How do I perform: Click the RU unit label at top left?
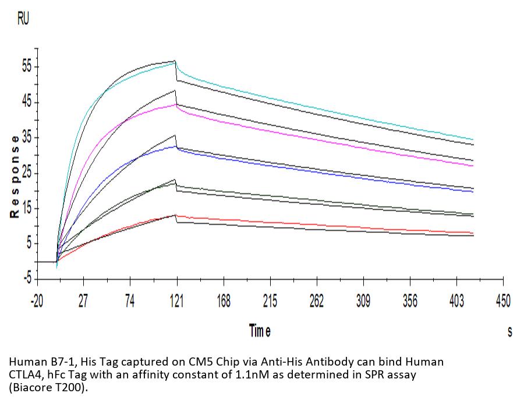coord(23,20)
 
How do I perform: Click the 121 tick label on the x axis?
coord(176,301)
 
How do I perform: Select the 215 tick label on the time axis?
coord(270,301)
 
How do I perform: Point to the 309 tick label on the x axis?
coord(363,301)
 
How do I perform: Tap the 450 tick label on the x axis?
coord(503,301)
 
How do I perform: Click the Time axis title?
coord(260,331)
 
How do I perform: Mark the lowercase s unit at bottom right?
coord(510,332)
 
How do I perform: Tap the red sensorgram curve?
coord(349,226)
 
